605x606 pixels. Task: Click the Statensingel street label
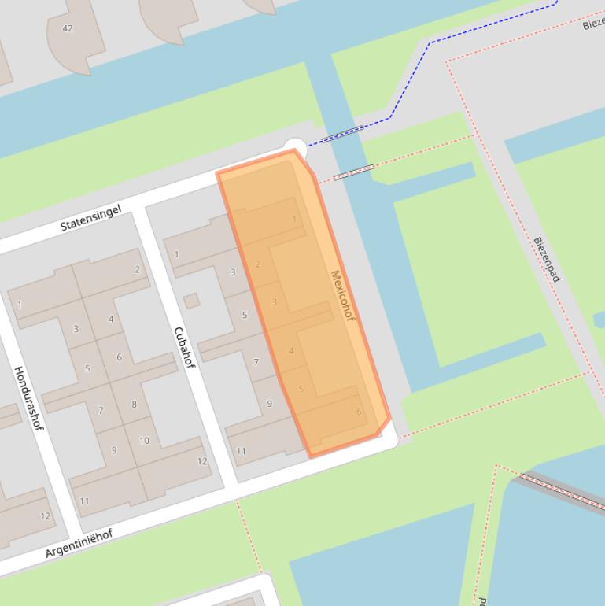91,218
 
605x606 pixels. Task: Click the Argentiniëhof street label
79,543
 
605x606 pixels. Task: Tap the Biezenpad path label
547,260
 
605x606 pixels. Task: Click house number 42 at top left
67,28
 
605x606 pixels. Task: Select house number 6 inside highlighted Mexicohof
359,412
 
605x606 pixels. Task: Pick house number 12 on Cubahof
202,461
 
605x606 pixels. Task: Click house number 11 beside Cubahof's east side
241,451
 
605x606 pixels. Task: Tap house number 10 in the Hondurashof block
144,441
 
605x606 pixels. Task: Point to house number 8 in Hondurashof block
134,405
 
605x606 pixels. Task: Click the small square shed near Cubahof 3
191,301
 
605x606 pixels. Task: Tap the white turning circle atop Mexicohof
294,146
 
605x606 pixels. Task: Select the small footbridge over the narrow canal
353,172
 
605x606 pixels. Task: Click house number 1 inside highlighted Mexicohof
295,220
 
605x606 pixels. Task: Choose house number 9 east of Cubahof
269,403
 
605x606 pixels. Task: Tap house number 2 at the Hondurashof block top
137,269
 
